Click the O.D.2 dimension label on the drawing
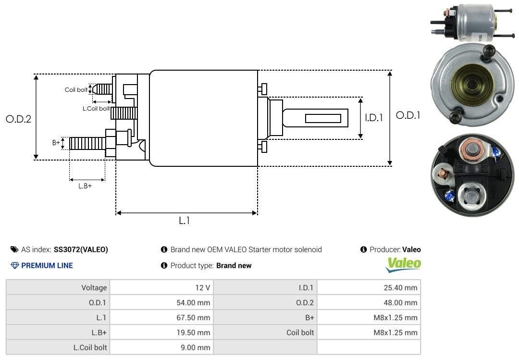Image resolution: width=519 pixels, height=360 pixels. [19, 119]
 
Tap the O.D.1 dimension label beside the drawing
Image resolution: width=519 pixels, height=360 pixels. [408, 115]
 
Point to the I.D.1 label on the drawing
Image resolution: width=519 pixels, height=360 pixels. [374, 118]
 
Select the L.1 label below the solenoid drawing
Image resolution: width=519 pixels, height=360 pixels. [185, 221]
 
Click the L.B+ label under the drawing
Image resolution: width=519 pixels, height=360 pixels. [85, 186]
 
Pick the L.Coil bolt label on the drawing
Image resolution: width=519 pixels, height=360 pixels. [96, 108]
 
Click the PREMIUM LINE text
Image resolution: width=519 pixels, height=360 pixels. [47, 265]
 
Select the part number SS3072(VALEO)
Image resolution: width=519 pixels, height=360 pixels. [81, 250]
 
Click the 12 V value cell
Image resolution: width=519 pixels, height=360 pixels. [161, 287]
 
